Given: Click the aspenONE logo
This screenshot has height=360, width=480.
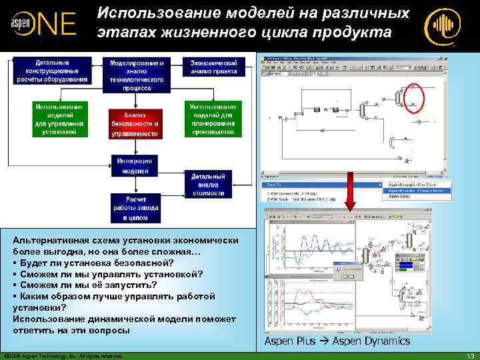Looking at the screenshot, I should click(41, 25).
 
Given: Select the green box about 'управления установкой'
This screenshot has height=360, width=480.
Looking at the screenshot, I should click(59, 119).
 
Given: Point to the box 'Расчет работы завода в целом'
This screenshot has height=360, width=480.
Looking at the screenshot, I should click(135, 207).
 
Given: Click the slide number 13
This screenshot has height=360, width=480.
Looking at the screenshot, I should click(470, 355).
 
